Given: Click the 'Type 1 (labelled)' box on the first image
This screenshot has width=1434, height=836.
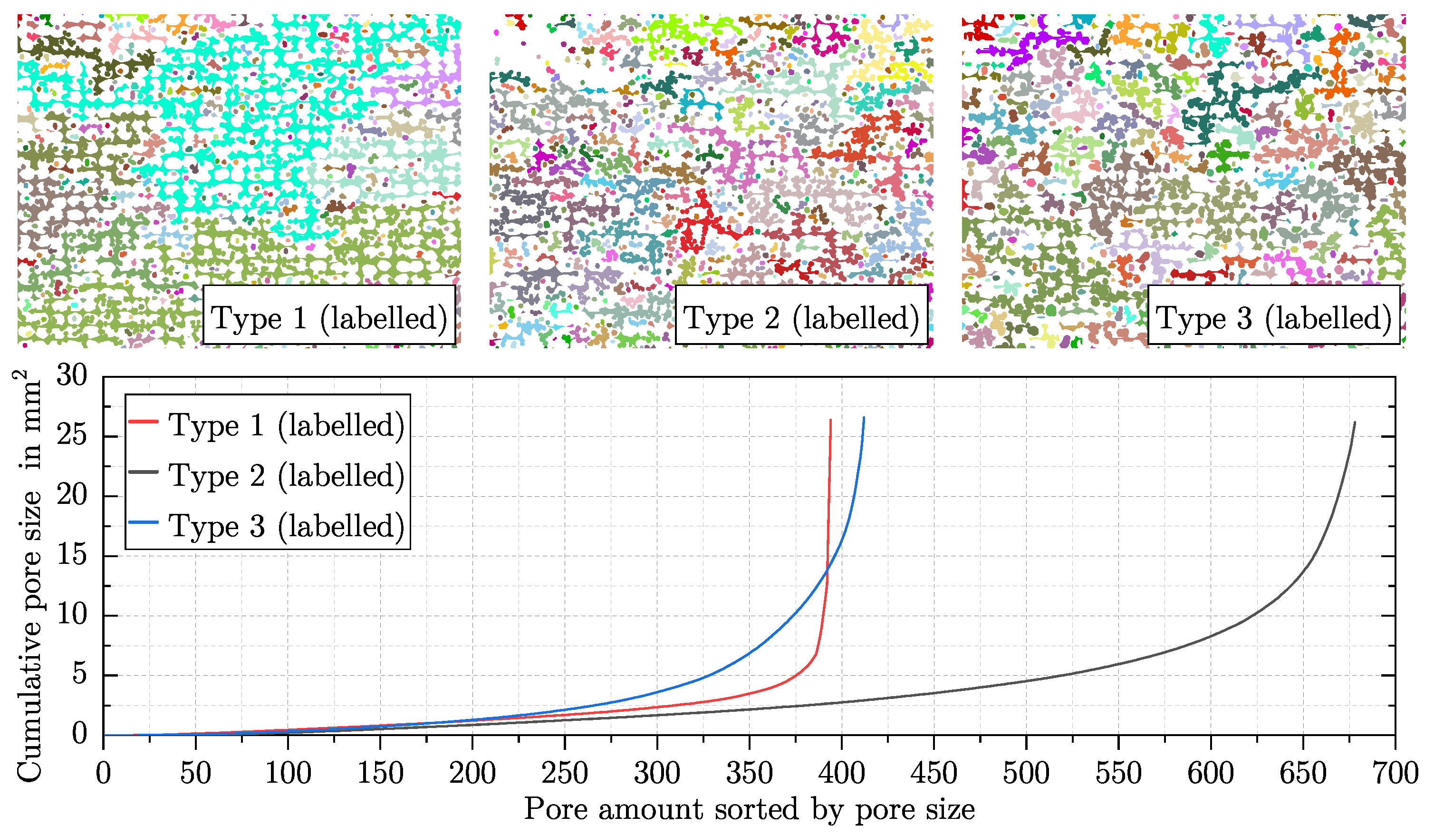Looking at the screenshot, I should (329, 315).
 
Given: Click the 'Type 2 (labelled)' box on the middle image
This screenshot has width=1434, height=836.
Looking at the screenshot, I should (801, 315).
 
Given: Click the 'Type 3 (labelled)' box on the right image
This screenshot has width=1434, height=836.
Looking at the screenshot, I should (1273, 315).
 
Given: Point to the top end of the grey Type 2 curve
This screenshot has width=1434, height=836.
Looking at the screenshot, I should (1354, 423).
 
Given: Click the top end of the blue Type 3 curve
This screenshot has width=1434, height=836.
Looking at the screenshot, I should (864, 417).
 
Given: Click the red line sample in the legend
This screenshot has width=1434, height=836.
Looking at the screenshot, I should (144, 422).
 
